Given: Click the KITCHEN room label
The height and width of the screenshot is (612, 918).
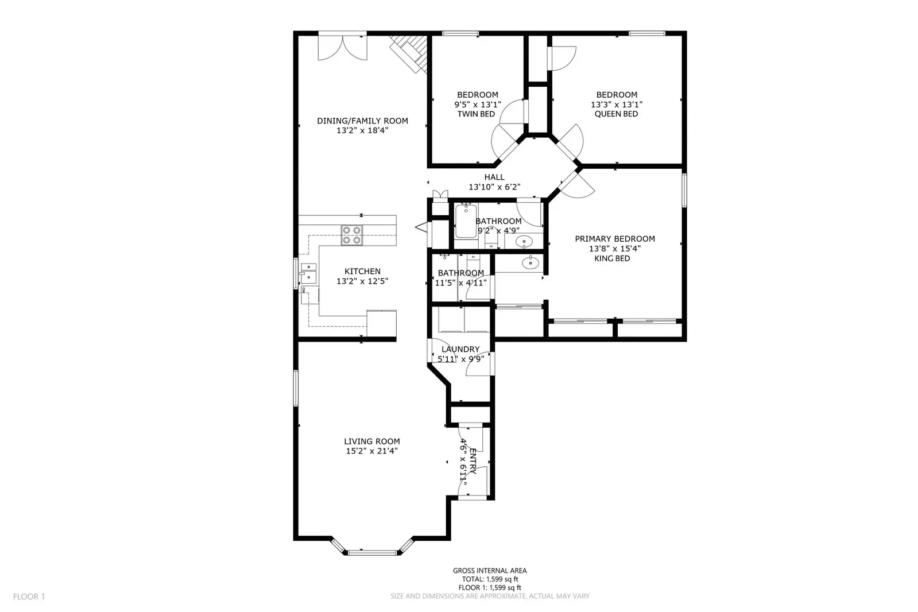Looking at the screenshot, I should pyautogui.click(x=362, y=272).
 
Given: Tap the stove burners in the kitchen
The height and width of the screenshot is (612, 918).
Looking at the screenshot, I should pyautogui.click(x=352, y=235).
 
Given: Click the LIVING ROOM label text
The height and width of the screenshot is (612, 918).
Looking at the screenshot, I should pyautogui.click(x=371, y=441).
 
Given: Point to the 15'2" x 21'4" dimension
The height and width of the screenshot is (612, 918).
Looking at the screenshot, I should pyautogui.click(x=371, y=451).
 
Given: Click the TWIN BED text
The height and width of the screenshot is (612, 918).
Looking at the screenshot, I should pyautogui.click(x=476, y=114).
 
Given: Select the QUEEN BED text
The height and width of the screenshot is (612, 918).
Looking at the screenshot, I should pyautogui.click(x=616, y=114).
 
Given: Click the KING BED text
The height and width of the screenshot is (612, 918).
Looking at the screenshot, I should pyautogui.click(x=612, y=259).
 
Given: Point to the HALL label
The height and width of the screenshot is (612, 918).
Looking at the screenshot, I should pyautogui.click(x=494, y=177).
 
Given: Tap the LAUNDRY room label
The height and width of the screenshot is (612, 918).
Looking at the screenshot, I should pyautogui.click(x=460, y=349).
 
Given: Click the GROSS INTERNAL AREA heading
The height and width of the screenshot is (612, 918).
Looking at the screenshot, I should pyautogui.click(x=490, y=571).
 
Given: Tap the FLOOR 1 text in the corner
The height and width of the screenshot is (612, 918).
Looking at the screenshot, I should pyautogui.click(x=29, y=596).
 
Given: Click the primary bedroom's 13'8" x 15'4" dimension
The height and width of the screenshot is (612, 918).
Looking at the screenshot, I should pyautogui.click(x=615, y=249).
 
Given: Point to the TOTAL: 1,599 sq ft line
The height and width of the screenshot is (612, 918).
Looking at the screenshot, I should pyautogui.click(x=490, y=579).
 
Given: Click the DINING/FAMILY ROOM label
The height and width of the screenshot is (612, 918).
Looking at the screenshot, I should pyautogui.click(x=362, y=121).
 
